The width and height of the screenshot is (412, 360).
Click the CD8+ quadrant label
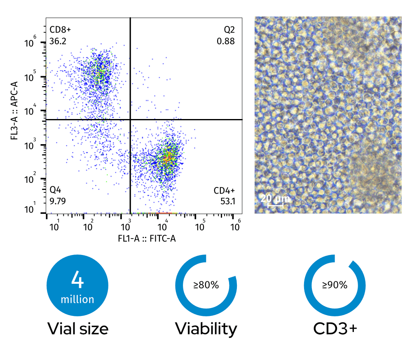pyautogui.click(x=60, y=30)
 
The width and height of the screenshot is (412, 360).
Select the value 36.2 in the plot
pyautogui.click(x=58, y=41)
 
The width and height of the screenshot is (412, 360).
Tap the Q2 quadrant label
pyautogui.click(x=229, y=30)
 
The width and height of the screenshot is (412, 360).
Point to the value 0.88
pyautogui.click(x=226, y=41)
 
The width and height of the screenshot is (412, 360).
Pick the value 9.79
pyautogui.click(x=58, y=201)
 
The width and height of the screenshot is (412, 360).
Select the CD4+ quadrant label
pyautogui.click(x=224, y=190)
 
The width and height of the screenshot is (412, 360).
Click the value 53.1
pyautogui.click(x=227, y=201)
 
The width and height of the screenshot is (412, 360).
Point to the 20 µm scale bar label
pyautogui.click(x=276, y=199)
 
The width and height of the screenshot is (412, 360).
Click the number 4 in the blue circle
pyautogui.click(x=77, y=280)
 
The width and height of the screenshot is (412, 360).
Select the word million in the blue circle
pyautogui.click(x=77, y=299)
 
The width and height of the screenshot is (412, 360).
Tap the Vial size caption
pyautogui.click(x=78, y=329)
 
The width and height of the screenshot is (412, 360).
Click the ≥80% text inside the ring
pyautogui.click(x=206, y=285)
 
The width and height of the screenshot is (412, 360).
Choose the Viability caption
pyautogui.click(x=206, y=329)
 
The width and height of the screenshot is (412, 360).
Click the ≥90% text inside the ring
pyautogui.click(x=335, y=285)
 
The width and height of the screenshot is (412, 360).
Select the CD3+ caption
pyautogui.click(x=335, y=329)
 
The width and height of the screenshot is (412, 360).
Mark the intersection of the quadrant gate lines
pyautogui.click(x=130, y=119)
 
